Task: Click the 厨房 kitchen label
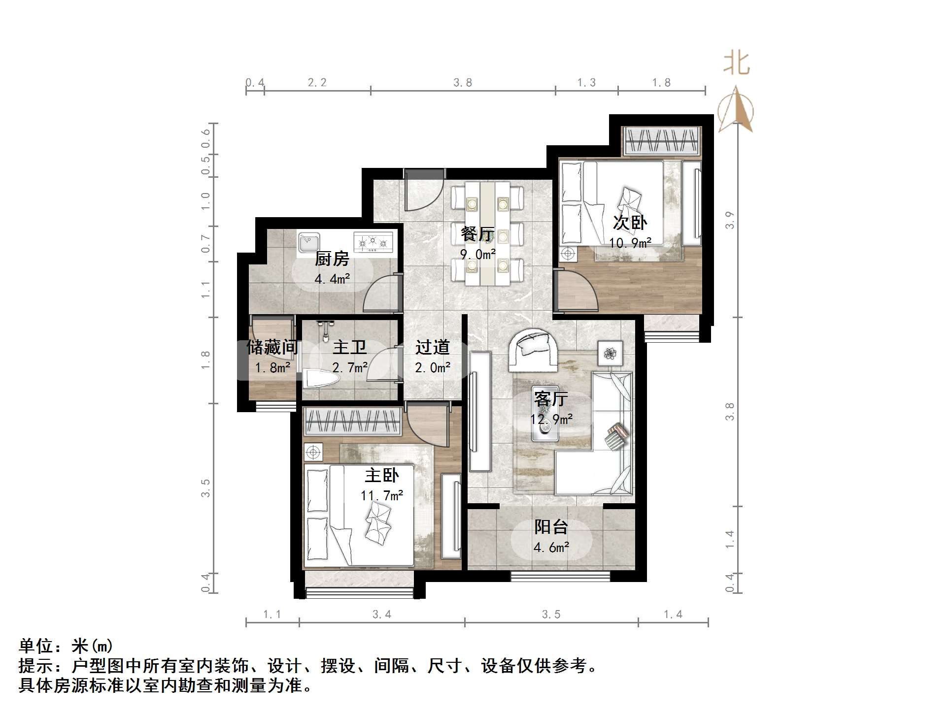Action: (x=332, y=259)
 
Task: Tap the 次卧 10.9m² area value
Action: (x=630, y=243)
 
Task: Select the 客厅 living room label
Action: (x=551, y=399)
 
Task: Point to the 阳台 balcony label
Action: (x=551, y=527)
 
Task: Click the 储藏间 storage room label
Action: (x=272, y=348)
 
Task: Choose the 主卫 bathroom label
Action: (x=350, y=348)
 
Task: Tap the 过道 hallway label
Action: (x=433, y=348)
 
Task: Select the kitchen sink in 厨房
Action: (x=309, y=242)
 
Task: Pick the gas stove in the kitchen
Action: (x=373, y=242)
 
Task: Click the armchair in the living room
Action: (x=534, y=349)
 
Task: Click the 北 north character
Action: (x=736, y=64)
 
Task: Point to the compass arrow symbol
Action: (x=736, y=110)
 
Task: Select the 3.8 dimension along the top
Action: (x=463, y=83)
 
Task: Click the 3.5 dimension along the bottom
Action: (x=551, y=615)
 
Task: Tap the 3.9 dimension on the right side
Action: (x=730, y=220)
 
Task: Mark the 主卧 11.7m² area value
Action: (x=382, y=495)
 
